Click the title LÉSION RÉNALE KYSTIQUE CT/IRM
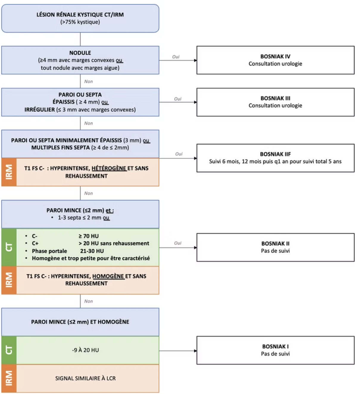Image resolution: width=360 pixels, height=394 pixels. click(x=80, y=15)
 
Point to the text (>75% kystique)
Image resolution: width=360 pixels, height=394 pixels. click(x=80, y=22)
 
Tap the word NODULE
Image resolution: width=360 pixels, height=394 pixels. click(x=80, y=53)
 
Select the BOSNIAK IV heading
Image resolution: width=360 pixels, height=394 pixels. click(x=275, y=56)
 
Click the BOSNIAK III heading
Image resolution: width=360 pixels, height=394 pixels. click(x=275, y=98)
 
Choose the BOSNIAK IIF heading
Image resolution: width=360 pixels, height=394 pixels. click(x=275, y=154)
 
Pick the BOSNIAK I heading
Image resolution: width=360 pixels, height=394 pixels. click(x=275, y=346)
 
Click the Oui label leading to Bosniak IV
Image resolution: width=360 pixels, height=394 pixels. click(x=176, y=57)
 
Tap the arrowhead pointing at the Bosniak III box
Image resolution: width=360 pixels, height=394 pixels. click(x=195, y=102)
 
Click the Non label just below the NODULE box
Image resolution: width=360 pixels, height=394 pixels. click(x=88, y=82)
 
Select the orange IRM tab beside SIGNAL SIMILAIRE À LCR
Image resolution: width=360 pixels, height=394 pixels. click(x=9, y=378)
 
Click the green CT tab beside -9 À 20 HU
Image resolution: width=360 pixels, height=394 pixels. click(x=9, y=350)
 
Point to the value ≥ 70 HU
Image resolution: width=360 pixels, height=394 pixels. click(x=88, y=236)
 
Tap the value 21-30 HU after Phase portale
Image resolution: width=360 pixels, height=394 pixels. click(x=92, y=251)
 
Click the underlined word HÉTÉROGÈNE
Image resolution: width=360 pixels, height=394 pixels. click(x=109, y=168)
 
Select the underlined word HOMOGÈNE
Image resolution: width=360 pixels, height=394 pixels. click(x=108, y=276)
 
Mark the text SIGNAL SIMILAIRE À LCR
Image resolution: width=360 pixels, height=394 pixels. click(x=85, y=378)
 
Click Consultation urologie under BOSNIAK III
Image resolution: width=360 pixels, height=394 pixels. click(x=275, y=105)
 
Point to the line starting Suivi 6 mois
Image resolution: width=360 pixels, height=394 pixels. click(x=275, y=161)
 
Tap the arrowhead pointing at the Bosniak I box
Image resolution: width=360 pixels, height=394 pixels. click(x=195, y=351)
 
